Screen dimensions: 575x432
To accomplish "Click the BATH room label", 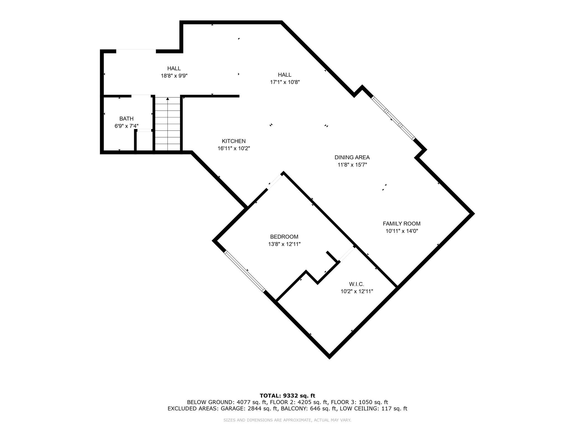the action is (126, 119).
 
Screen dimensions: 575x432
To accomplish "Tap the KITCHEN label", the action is (234, 141).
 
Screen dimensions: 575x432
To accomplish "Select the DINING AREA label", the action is (352, 157).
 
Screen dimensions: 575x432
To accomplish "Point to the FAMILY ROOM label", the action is (401, 223).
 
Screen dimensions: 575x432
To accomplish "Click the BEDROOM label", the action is (284, 237).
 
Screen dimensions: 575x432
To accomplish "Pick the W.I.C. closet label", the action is (356, 284).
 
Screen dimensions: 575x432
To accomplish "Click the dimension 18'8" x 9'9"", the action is (174, 76).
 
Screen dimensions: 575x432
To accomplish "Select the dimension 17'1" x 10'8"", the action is (285, 82).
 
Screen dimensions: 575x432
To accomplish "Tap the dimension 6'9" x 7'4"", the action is (126, 126).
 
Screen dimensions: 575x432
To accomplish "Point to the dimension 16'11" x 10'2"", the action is (234, 148).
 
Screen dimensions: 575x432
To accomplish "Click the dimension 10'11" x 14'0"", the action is (401, 231).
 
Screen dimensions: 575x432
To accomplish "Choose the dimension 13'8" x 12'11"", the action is (284, 244).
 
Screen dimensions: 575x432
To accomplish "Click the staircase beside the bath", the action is (168, 124).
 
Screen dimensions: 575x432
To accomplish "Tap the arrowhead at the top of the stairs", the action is (168, 99).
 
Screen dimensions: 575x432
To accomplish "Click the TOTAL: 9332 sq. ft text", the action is (287, 396).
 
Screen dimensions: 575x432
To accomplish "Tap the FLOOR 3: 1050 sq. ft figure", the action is (359, 402).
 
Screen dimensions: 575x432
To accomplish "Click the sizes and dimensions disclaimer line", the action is (287, 420).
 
